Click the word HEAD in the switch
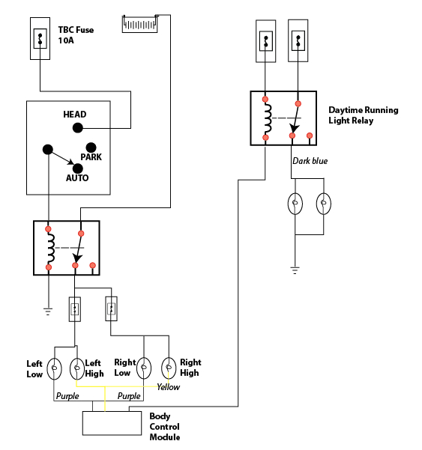(74, 115)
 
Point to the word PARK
(91, 157)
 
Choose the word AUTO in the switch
(76, 178)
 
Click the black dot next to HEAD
(77, 128)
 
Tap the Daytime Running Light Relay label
(363, 115)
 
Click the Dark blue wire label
(310, 161)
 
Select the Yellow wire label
(168, 387)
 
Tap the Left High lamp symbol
(76, 368)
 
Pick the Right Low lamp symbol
(145, 368)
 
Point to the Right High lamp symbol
(169, 368)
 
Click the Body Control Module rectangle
(111, 423)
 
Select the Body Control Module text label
(165, 427)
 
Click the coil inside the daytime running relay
(266, 118)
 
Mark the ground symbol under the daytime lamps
(295, 269)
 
